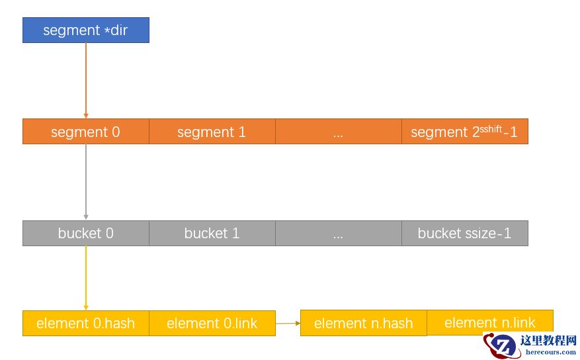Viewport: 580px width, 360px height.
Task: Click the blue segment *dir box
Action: coord(85,30)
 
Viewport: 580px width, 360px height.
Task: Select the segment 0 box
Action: coord(85,132)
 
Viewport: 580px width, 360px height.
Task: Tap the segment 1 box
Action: coord(212,132)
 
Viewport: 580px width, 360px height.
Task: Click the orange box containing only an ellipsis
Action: coord(338,132)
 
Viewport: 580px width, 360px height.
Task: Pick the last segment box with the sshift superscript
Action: coord(464,132)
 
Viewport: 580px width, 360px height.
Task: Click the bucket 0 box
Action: coord(85,233)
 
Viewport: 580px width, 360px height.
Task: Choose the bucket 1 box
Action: coord(212,233)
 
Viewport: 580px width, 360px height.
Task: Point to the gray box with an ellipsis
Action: coord(338,233)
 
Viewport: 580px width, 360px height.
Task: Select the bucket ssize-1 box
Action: coord(464,233)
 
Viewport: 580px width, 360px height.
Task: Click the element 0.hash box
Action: coord(85,323)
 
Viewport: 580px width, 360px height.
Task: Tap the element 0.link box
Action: coord(212,323)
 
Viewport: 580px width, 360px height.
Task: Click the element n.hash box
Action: coord(363,323)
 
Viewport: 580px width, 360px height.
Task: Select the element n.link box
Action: coord(489,322)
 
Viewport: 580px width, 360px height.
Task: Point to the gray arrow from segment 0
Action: coord(85,182)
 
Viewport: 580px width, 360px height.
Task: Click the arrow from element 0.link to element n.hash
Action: coord(288,323)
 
